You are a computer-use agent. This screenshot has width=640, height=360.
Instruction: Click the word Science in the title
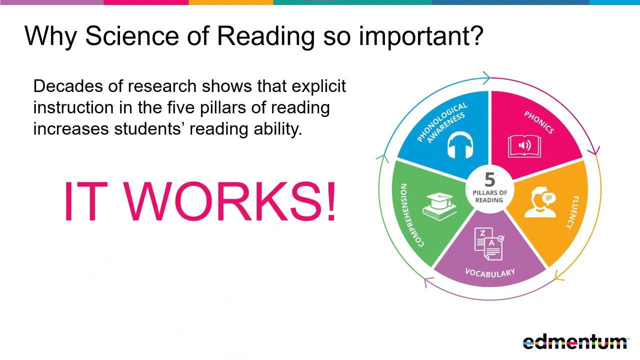coord(132,36)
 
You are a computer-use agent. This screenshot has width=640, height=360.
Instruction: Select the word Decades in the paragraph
coord(68,86)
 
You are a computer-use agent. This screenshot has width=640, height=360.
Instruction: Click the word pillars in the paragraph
coord(223,108)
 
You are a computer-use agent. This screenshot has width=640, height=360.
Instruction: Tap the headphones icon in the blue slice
coord(460,146)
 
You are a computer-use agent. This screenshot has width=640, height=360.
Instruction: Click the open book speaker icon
coord(524,146)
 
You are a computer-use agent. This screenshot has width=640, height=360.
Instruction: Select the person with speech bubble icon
coord(540,202)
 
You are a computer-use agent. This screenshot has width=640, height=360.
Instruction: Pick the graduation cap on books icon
coord(439,206)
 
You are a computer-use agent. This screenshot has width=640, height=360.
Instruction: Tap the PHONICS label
coord(539,122)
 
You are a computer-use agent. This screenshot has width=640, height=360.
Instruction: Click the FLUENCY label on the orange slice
coord(573,212)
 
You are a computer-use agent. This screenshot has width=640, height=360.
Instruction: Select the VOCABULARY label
coord(490,273)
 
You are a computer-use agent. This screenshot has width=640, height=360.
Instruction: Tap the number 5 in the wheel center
coord(489,179)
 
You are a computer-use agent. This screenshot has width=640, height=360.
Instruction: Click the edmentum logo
coord(575,341)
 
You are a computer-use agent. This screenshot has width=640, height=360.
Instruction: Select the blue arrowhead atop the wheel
coord(486,77)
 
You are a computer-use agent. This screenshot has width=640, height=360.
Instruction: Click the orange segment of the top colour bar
coord(231,2)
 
